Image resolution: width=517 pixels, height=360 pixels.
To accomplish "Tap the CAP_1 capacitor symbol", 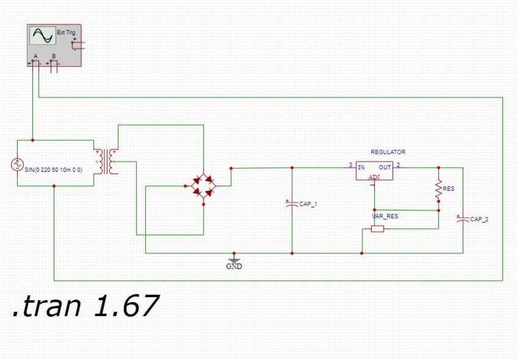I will tap(291, 202).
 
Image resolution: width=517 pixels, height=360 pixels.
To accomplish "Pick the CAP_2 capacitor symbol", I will tap(463, 218).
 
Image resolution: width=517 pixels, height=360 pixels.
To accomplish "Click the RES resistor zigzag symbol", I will tap(438, 189).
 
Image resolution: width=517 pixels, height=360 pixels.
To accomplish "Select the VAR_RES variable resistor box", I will tap(378, 229).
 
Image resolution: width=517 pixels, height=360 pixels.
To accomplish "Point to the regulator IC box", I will tap(375, 171).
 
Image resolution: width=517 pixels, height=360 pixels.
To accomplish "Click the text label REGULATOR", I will tap(387, 152).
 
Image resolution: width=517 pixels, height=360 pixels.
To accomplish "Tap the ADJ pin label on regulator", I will tap(373, 177).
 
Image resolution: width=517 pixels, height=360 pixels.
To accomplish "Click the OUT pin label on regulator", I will tap(384, 166).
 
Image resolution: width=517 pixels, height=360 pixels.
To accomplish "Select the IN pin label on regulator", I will tap(362, 166).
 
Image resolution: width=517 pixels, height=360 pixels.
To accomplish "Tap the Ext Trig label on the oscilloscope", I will tap(66, 31).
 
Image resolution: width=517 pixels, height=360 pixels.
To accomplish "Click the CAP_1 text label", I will tap(308, 204).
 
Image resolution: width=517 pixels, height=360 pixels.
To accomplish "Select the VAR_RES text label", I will tap(385, 216).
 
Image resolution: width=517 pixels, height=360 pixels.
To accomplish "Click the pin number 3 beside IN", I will tap(350, 165).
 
